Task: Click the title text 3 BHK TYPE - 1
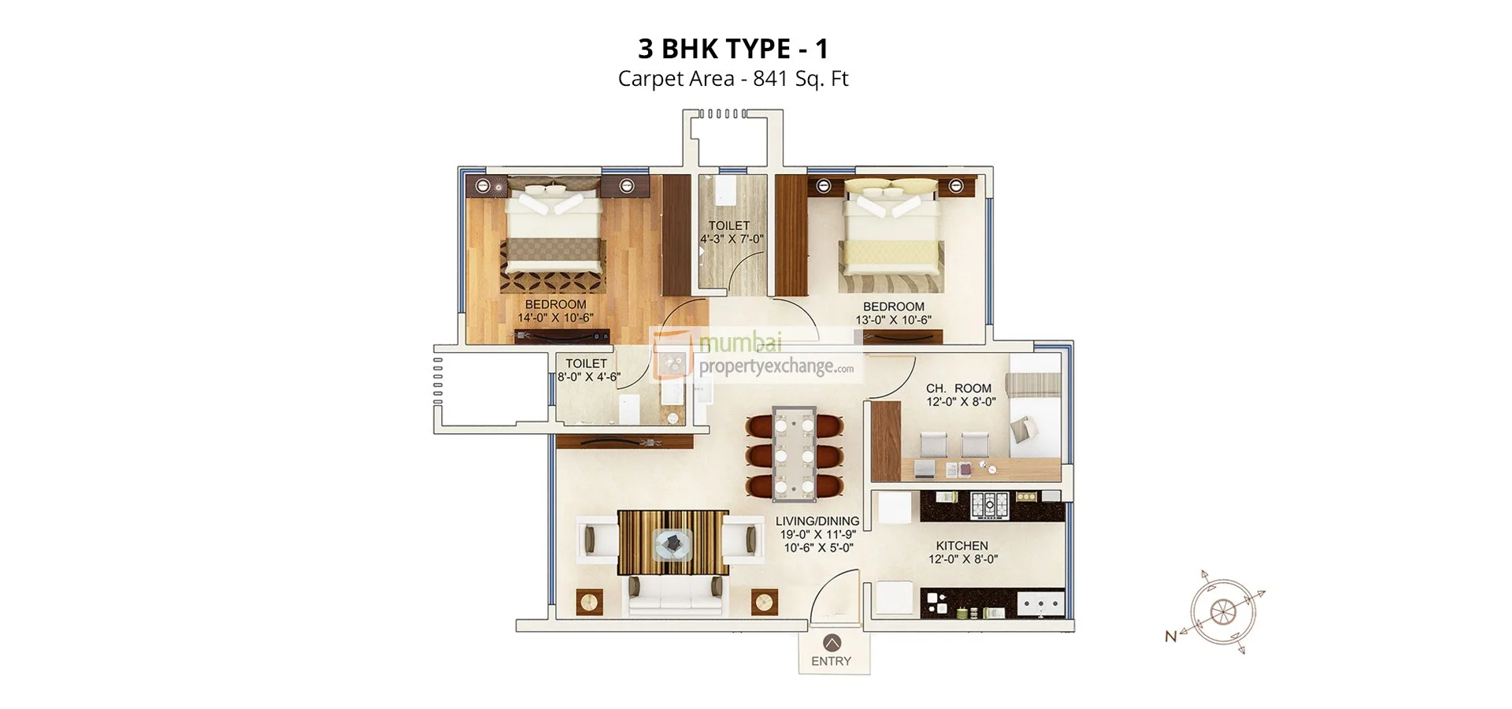732,49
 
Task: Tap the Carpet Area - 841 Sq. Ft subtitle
732,79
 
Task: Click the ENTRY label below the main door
831,661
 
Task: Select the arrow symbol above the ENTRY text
831,642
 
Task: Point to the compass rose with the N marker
1221,612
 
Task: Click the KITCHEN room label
962,545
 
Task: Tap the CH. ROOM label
958,388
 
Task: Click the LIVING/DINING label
817,521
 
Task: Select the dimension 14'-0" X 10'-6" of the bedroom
555,318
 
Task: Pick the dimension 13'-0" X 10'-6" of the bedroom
893,321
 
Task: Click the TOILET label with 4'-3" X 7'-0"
728,226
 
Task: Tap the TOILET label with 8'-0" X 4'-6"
586,364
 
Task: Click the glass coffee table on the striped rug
673,543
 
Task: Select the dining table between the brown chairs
794,453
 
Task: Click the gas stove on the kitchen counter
988,504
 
